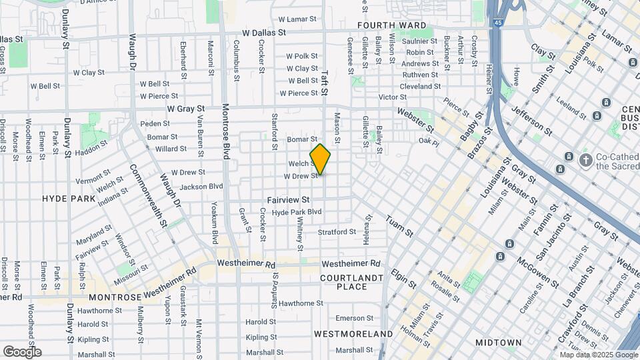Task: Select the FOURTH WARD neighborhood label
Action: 391,25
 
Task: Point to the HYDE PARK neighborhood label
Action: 69,199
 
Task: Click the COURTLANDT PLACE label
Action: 352,282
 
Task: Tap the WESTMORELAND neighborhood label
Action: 353,333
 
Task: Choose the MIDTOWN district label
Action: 498,343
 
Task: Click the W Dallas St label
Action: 264,32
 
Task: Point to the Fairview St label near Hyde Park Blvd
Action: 289,199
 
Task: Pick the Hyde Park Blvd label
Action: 297,212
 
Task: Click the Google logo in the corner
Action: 22,351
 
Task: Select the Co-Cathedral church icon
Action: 585,160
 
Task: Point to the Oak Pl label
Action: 429,141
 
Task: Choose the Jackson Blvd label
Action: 201,187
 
